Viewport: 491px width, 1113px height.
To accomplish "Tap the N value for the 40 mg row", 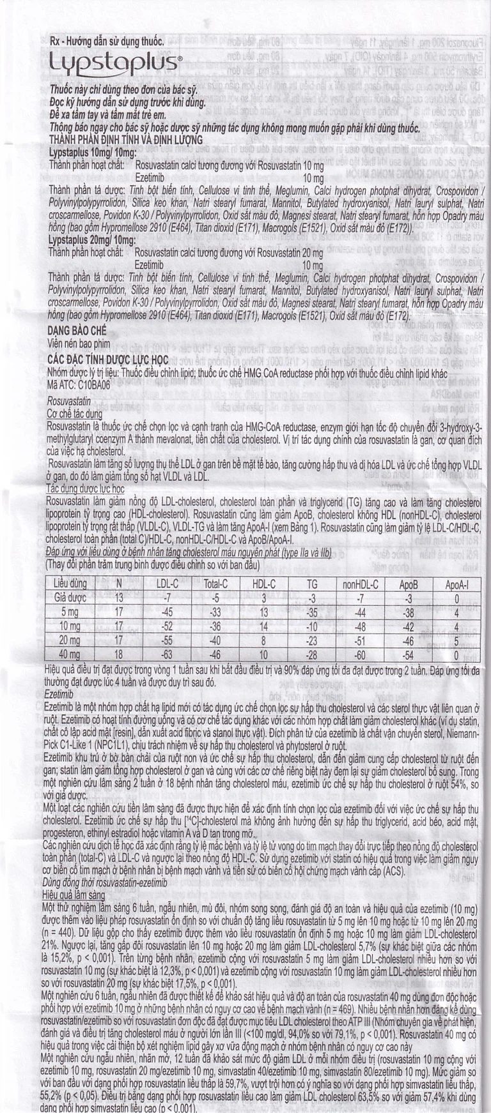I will (x=119, y=655).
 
